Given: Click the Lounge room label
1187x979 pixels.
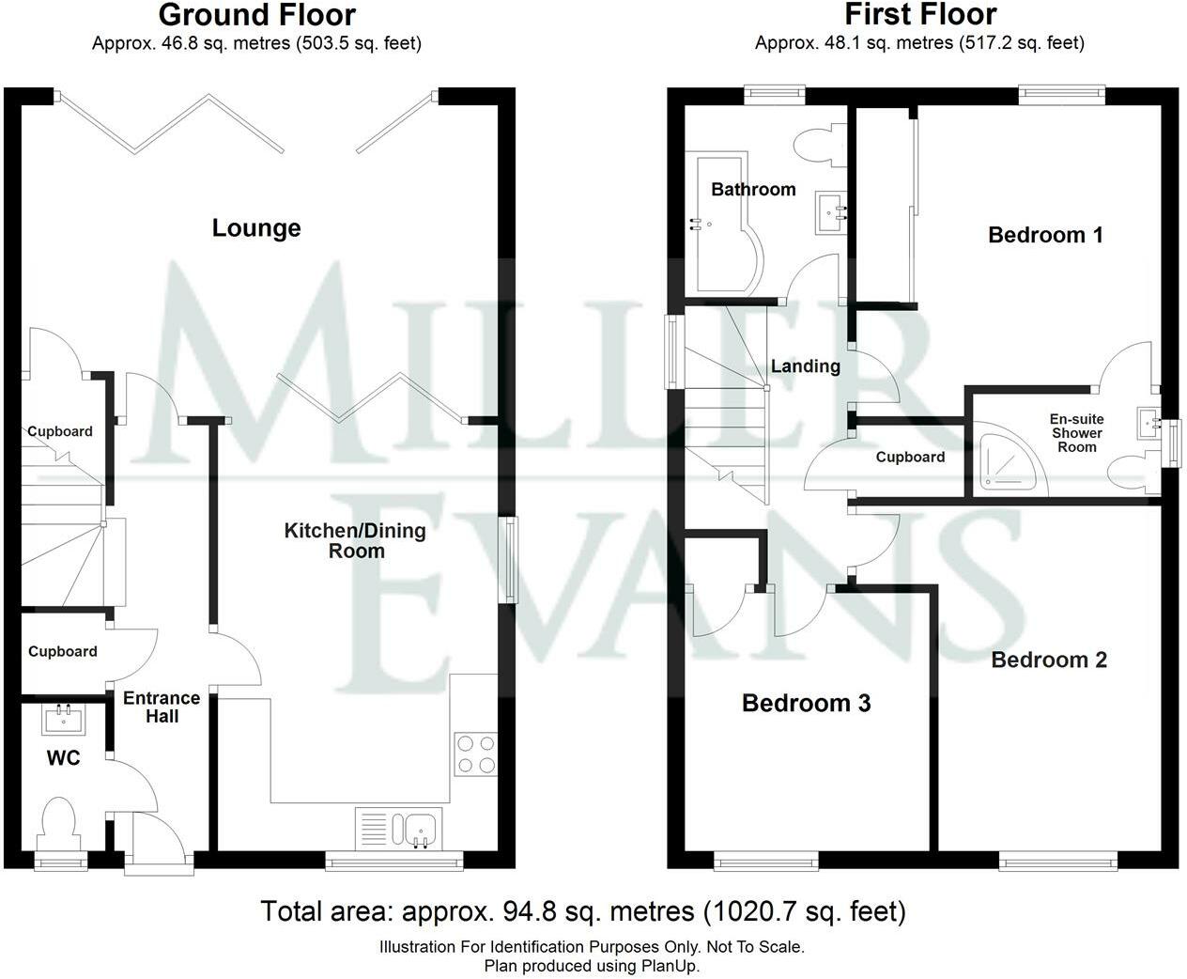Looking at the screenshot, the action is (256, 228).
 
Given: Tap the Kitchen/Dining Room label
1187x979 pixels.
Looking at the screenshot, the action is (355, 540).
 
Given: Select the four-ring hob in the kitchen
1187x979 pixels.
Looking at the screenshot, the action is (476, 754).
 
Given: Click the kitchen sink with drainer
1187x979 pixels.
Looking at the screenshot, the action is (399, 829).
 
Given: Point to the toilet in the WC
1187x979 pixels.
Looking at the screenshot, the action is (57, 824).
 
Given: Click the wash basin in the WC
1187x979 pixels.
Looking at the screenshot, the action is (64, 720).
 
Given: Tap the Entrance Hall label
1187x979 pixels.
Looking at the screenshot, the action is (162, 707).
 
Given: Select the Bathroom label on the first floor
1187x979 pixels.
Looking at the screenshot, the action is (753, 190).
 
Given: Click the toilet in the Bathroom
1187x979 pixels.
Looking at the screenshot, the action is (821, 145).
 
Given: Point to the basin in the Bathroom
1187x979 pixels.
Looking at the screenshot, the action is (831, 212).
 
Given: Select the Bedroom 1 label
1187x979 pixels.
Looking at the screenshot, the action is (1045, 235).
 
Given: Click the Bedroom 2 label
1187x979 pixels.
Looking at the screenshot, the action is (1049, 660).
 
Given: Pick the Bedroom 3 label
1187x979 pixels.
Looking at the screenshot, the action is (806, 703).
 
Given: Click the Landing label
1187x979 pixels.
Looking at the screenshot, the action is (805, 366).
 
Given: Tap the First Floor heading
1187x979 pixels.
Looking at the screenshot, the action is (920, 15).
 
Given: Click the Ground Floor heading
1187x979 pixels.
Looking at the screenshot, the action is (257, 15).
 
